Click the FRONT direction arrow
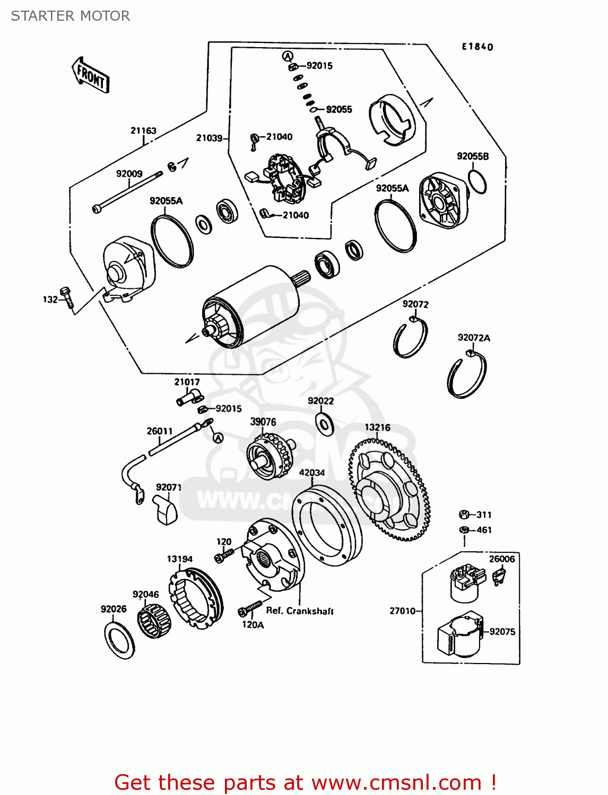pyautogui.click(x=90, y=76)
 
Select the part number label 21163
pyautogui.click(x=143, y=130)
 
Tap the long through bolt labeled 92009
pyautogui.click(x=127, y=191)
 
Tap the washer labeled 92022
pyautogui.click(x=324, y=423)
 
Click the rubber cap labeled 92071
pyautogui.click(x=166, y=510)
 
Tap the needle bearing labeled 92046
pyautogui.click(x=154, y=623)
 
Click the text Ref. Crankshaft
pyautogui.click(x=300, y=611)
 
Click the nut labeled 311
pyautogui.click(x=463, y=515)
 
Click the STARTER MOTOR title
pyautogui.click(x=71, y=16)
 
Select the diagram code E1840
pyautogui.click(x=477, y=47)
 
